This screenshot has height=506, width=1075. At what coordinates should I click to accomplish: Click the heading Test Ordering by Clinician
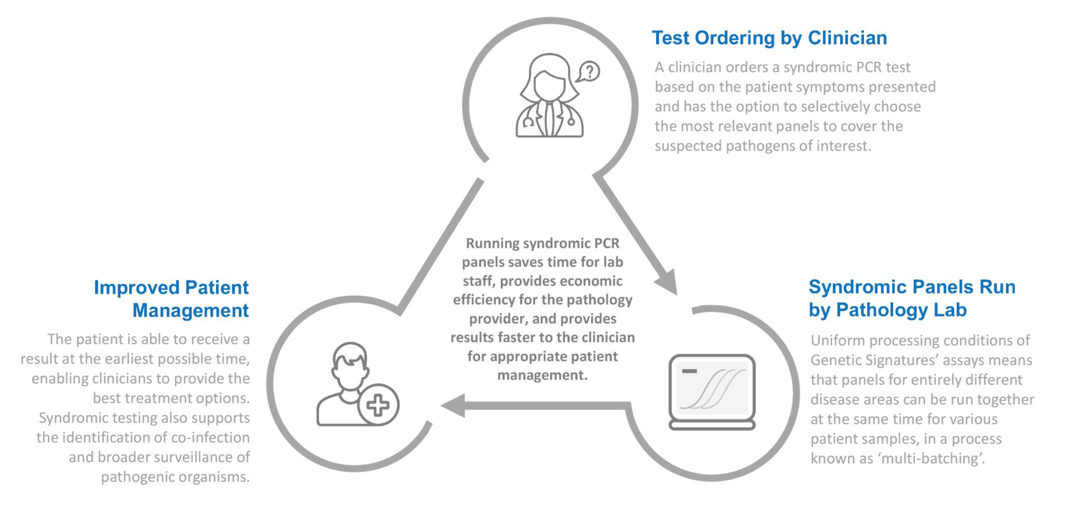(x=769, y=38)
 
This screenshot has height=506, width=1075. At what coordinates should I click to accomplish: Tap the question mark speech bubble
(x=588, y=72)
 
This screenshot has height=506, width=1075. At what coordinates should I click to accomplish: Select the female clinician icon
(x=549, y=96)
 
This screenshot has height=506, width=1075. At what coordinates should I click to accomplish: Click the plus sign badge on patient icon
(x=378, y=405)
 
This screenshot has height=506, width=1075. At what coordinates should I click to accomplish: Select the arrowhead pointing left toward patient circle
(x=454, y=405)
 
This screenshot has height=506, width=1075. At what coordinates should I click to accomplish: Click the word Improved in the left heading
(x=137, y=287)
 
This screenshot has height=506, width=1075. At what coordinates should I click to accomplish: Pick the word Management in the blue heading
(x=190, y=310)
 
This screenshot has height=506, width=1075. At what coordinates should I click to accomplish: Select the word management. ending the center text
(x=542, y=375)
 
